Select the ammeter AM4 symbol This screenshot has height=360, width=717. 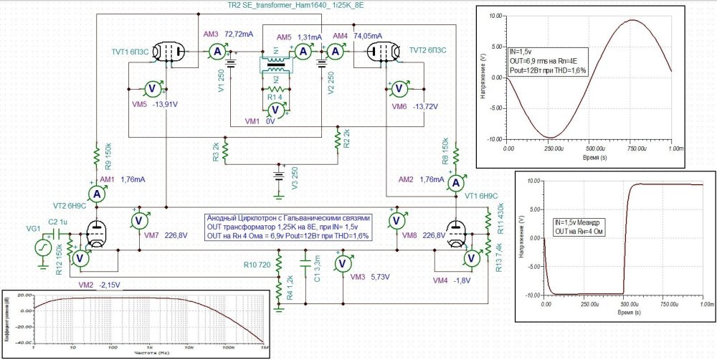click(334, 51)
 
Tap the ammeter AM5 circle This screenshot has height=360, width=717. click(303, 51)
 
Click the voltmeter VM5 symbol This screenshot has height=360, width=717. click(152, 88)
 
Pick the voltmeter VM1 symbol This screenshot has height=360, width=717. click(273, 110)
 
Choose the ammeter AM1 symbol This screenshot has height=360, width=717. click(97, 194)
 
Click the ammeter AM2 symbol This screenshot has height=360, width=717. click(455, 184)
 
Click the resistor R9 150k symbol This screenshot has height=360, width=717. click(95, 156)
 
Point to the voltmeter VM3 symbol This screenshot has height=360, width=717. click(343, 263)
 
